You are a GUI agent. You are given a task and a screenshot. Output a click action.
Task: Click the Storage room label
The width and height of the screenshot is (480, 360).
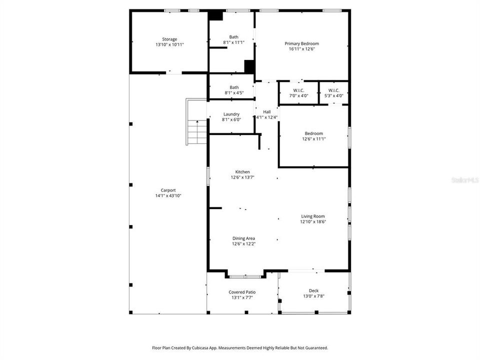point(169,39)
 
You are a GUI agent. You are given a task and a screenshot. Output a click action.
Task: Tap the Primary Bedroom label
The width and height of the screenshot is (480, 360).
point(301,43)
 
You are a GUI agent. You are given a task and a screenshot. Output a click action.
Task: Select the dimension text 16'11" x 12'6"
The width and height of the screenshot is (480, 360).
point(301,49)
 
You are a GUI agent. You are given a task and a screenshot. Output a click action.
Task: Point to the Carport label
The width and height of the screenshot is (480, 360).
point(167,190)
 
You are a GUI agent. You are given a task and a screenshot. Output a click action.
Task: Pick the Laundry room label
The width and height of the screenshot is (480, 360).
point(231,114)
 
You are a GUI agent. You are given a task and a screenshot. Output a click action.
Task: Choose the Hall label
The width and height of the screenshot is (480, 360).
point(266,111)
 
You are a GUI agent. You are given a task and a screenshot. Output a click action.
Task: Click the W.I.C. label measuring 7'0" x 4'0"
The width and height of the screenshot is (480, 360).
point(298,90)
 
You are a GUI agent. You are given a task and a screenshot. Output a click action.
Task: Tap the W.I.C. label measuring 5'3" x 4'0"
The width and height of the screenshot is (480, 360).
point(333,90)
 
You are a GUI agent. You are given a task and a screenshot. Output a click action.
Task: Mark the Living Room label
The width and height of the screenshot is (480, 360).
point(312,216)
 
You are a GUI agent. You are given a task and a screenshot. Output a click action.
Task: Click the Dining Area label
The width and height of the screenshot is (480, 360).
point(243,238)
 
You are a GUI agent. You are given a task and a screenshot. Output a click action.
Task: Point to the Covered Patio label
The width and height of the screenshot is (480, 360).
point(242,292)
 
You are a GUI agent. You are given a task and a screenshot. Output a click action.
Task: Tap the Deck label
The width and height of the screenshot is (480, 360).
point(313,290)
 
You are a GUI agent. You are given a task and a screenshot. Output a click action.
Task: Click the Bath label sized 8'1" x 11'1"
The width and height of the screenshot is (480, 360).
point(233,36)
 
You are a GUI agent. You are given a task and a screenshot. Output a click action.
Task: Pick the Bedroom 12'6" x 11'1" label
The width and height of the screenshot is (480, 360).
point(313,133)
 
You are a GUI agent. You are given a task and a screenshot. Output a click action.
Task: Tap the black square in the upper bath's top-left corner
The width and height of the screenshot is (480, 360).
point(215,15)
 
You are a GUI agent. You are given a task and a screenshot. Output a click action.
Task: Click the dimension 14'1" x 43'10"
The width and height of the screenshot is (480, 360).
point(167,195)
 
